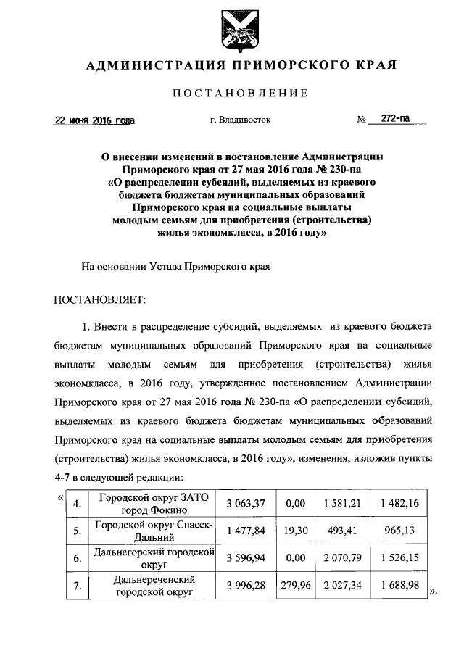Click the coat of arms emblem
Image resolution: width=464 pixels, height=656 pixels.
pos(240,30)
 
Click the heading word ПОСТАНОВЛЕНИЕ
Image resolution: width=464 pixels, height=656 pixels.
pos(240,93)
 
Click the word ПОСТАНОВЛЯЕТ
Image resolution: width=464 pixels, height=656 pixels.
pos(100,298)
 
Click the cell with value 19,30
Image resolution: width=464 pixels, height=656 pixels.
pos(295,530)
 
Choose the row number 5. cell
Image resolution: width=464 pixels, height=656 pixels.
pos(75,530)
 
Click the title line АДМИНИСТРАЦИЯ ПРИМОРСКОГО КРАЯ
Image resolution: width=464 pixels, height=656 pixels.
pos(240,65)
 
